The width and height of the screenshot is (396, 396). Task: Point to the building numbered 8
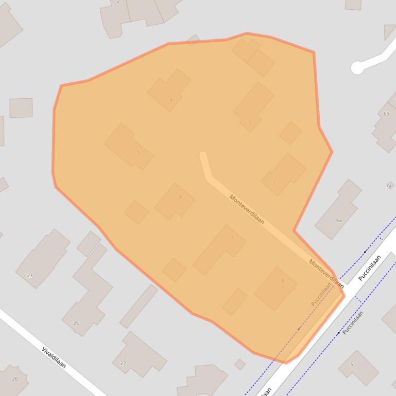pyautogui.click(x=276, y=288)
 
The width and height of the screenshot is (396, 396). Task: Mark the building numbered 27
pyautogui.click(x=139, y=355)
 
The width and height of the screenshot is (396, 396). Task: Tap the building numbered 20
pyautogui.click(x=13, y=380)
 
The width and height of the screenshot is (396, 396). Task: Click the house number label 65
pyautogui.click(x=386, y=114)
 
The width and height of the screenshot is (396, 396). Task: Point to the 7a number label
pyautogui.click(x=389, y=185)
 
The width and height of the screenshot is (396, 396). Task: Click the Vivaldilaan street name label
pyautogui.click(x=54, y=357)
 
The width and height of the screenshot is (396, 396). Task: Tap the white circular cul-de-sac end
pyautogui.click(x=357, y=68)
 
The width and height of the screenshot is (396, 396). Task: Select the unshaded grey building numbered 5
pyautogui.click(x=358, y=367)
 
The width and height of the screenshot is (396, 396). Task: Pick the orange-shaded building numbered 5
pyautogui.click(x=129, y=147)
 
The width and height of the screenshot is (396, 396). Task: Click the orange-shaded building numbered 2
pyautogui.click(x=284, y=174)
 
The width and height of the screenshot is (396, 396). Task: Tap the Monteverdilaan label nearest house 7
pyautogui.click(x=247, y=209)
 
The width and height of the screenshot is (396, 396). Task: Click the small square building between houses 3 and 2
pyautogui.click(x=290, y=133)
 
